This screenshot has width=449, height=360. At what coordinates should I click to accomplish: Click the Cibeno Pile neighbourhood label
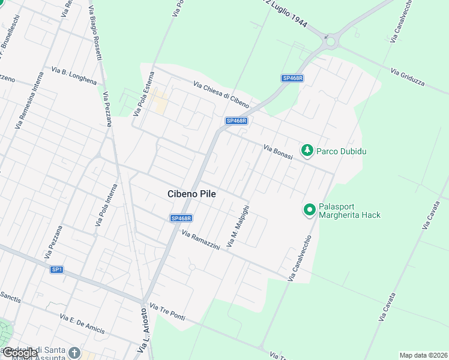[x=191, y=194]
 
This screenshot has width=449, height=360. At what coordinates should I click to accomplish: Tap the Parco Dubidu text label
[x=342, y=151]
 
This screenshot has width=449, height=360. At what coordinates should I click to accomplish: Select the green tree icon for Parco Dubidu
[x=307, y=150]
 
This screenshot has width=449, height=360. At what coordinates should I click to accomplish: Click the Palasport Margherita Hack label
[x=349, y=210]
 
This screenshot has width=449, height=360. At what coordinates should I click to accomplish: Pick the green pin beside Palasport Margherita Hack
[x=309, y=209]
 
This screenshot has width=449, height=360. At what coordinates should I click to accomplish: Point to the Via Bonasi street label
[x=277, y=152]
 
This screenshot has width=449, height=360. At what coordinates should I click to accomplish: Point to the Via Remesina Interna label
[x=30, y=100]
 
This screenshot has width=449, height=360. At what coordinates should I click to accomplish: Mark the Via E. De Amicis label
[x=82, y=324]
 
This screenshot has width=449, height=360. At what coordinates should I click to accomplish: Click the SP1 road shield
[x=56, y=269]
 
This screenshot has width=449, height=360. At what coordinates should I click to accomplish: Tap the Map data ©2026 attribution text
[x=423, y=355]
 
